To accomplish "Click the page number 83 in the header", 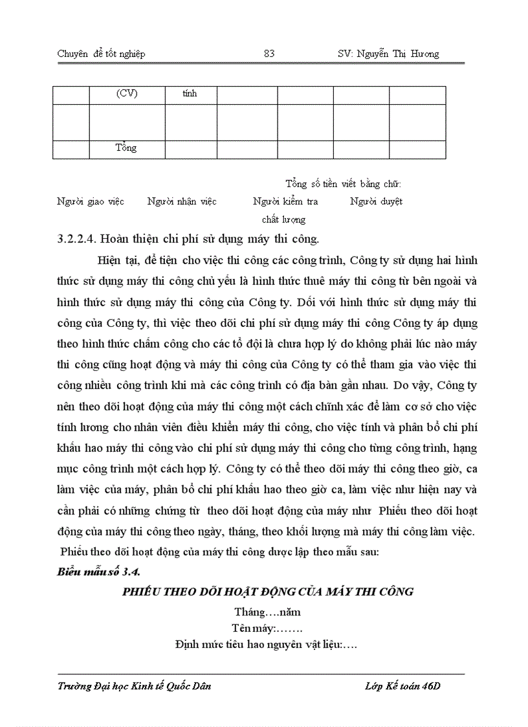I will (x=269, y=54).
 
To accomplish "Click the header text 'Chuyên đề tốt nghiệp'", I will (x=101, y=54).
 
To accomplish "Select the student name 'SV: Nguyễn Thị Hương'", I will (x=388, y=54).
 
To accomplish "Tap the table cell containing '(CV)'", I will (x=127, y=94).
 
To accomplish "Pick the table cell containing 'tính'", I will (x=190, y=94).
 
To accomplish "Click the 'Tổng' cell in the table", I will (x=126, y=148).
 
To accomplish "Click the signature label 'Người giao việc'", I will (x=91, y=201).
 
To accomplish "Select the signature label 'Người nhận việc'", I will (x=182, y=201).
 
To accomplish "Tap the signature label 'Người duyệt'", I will (x=376, y=201).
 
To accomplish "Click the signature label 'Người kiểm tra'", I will (x=285, y=201).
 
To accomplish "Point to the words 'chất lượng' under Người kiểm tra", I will (x=283, y=219).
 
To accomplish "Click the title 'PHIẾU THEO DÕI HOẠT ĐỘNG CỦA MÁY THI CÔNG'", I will (x=268, y=592).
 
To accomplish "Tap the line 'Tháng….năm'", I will (x=267, y=612).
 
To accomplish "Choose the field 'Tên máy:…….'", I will (x=267, y=628).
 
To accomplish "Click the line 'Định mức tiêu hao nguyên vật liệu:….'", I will (x=267, y=645).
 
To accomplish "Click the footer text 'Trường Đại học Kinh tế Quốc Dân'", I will (x=134, y=687).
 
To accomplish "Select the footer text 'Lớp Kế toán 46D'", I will (x=402, y=687).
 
